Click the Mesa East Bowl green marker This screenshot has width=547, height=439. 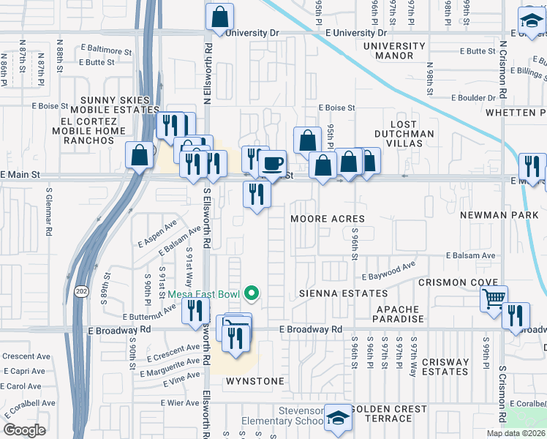tap(252, 294)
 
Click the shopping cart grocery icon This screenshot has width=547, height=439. tap(494, 298)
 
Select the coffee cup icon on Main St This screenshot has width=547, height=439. tap(273, 162)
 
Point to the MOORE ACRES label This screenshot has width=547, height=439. tap(327, 219)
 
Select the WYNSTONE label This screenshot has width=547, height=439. tap(254, 381)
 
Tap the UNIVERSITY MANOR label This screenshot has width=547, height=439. tap(393, 50)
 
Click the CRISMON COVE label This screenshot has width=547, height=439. tap(458, 282)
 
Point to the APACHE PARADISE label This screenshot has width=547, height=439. tap(399, 315)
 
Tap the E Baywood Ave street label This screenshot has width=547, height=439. tap(388, 277)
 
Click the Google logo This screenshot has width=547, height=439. tap(24, 429)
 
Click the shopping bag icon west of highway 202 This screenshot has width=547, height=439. tap(139, 155)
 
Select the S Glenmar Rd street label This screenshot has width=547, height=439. tap(49, 212)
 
